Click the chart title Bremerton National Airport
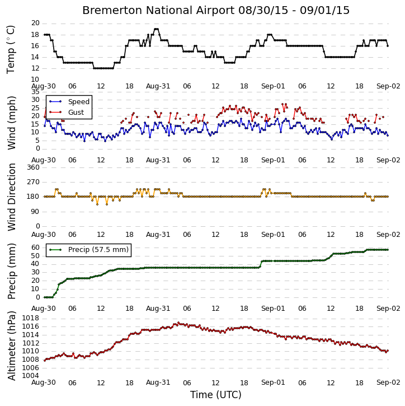(158, 10)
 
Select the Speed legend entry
(69, 102)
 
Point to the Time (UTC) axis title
(216, 395)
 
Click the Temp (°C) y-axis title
(11, 50)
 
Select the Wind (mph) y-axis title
(11, 123)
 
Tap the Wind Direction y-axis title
(11, 197)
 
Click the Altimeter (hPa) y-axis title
(11, 346)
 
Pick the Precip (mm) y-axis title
(11, 272)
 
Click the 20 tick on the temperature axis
(35, 24)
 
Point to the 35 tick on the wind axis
(35, 92)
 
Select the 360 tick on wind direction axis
(34, 167)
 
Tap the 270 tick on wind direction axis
(34, 182)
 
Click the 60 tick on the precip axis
(35, 248)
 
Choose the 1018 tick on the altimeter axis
(31, 318)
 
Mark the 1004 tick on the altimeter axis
(31, 376)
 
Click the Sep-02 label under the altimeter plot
(388, 382)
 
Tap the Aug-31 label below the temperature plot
(158, 86)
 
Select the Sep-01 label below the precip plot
(273, 309)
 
